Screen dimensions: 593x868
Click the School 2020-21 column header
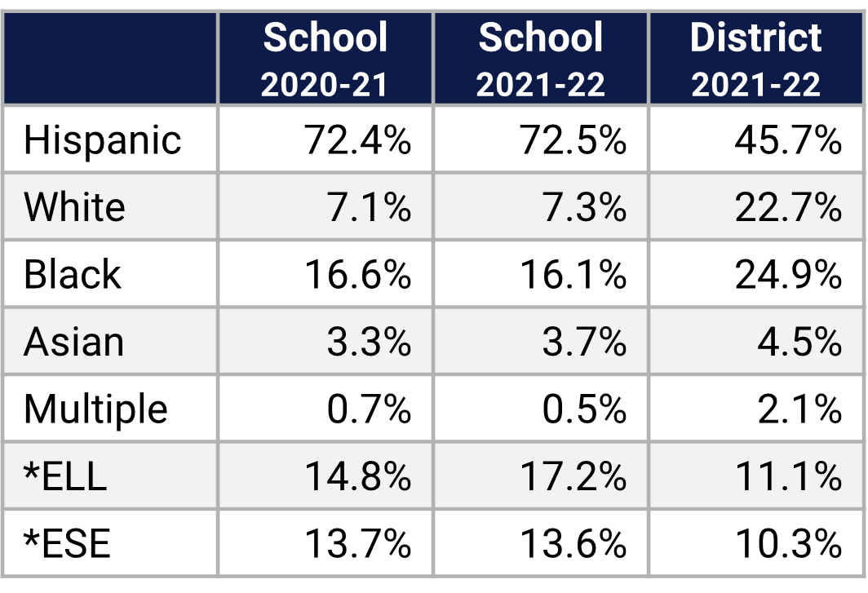(x=325, y=60)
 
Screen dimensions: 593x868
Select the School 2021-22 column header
(x=541, y=60)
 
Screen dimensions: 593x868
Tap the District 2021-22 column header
(x=755, y=60)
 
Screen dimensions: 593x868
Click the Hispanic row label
(x=102, y=139)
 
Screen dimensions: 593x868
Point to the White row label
(x=74, y=207)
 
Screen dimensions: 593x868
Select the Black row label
(x=72, y=274)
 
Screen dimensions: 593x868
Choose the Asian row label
(x=73, y=342)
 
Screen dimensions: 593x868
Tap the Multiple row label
(x=95, y=409)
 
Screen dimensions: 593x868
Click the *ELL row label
(x=65, y=476)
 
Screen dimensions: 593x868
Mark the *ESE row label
(x=67, y=543)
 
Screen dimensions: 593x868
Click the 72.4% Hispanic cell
(x=357, y=140)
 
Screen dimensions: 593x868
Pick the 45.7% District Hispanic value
(x=787, y=140)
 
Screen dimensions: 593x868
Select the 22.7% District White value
(x=787, y=207)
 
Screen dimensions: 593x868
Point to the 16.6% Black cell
(x=357, y=275)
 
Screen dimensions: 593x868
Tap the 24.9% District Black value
(x=787, y=275)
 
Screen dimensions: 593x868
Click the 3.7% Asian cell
(x=584, y=342)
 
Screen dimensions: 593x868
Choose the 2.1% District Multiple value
(x=799, y=409)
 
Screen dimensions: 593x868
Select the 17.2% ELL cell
(x=573, y=476)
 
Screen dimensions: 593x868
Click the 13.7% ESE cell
(x=357, y=543)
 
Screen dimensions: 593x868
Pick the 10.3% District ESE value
(x=787, y=543)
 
